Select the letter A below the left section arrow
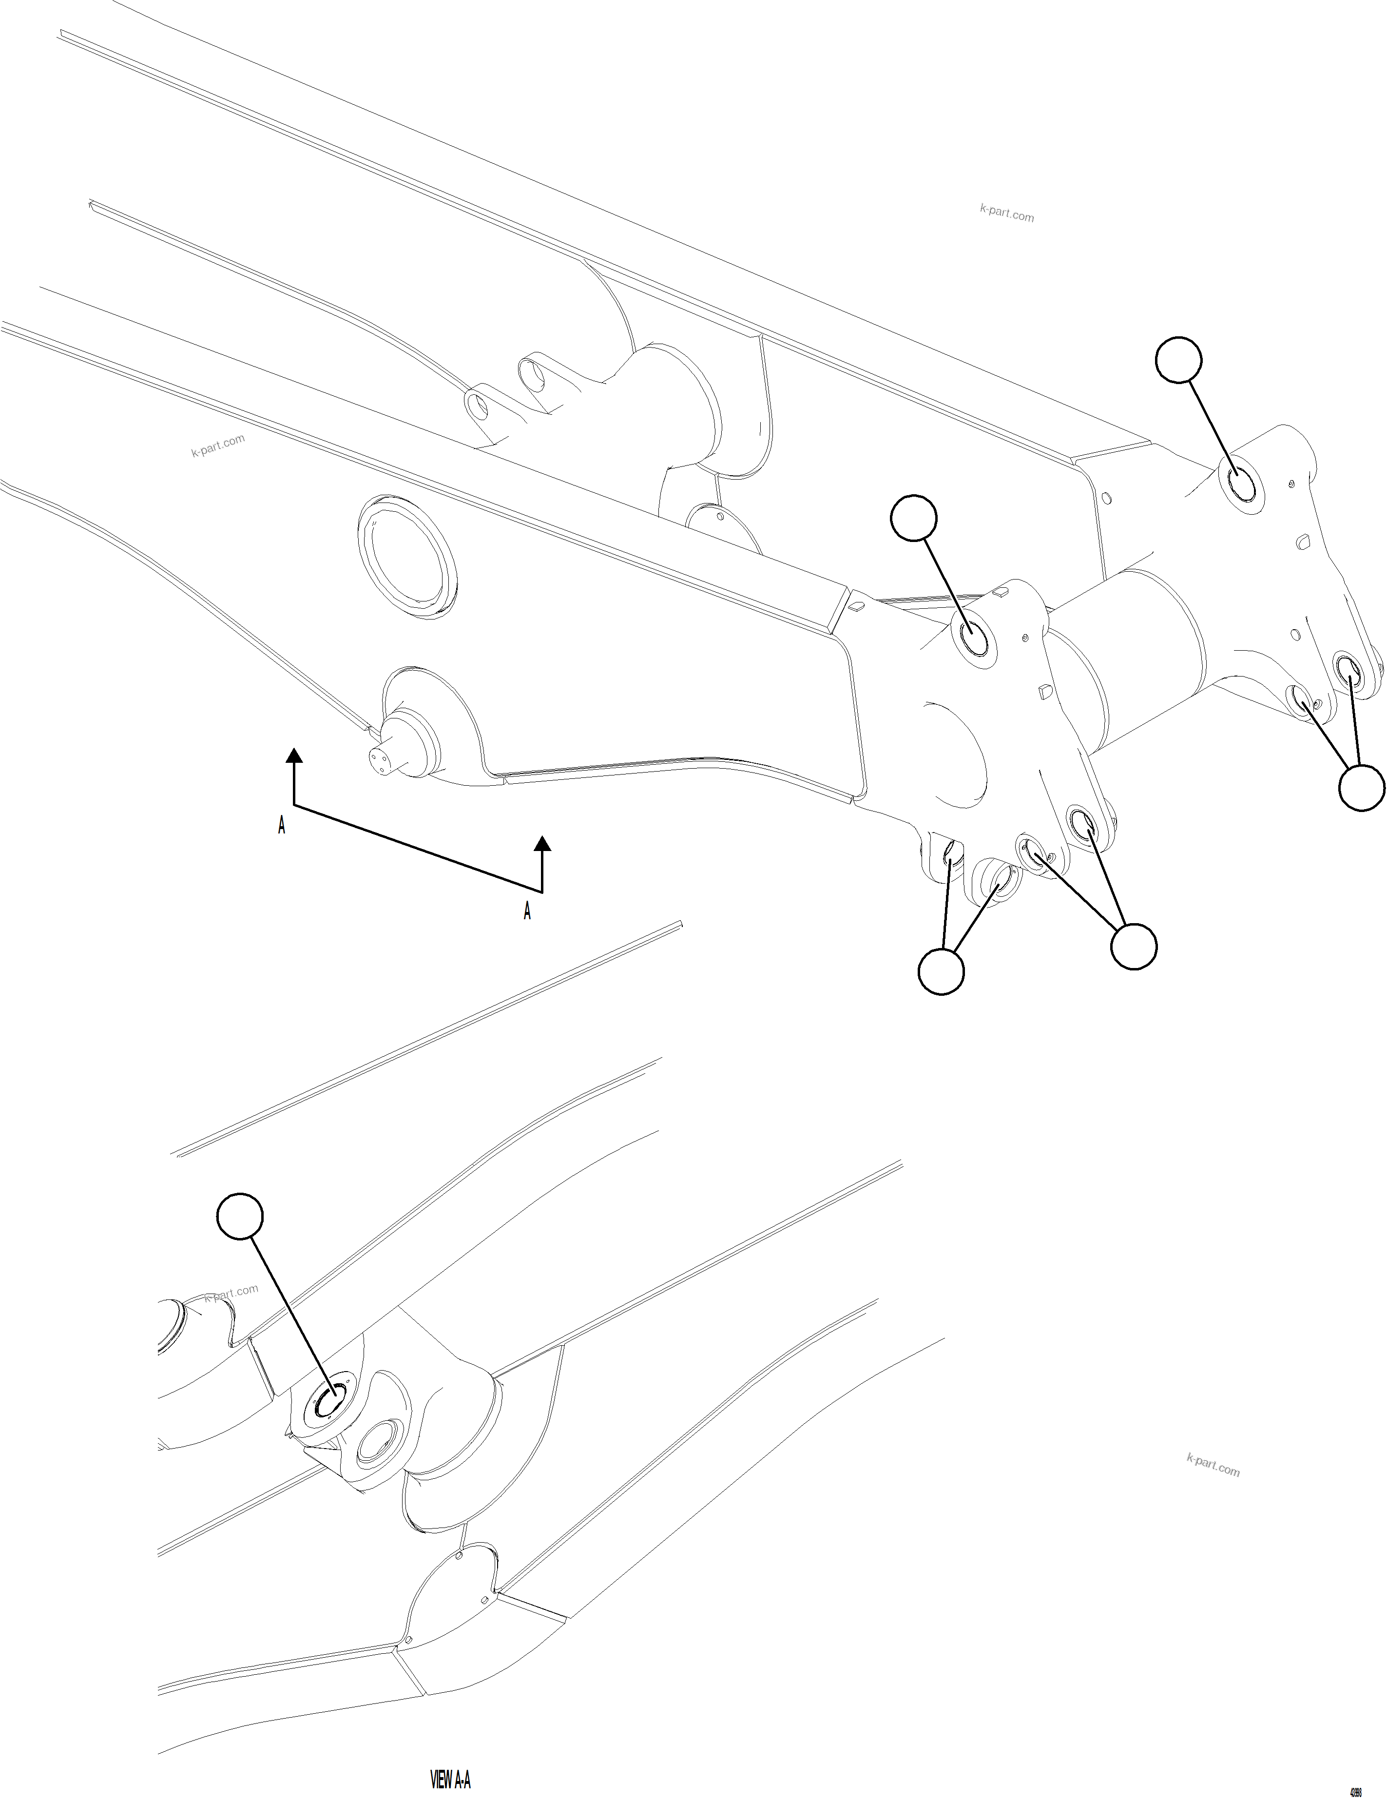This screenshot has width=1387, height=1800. pos(282,826)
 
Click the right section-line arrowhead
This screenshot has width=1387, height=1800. pos(542,842)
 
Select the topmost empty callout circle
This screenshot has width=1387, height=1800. pos(1178,359)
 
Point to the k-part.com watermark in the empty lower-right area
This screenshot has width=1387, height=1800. pos(1213,1465)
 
